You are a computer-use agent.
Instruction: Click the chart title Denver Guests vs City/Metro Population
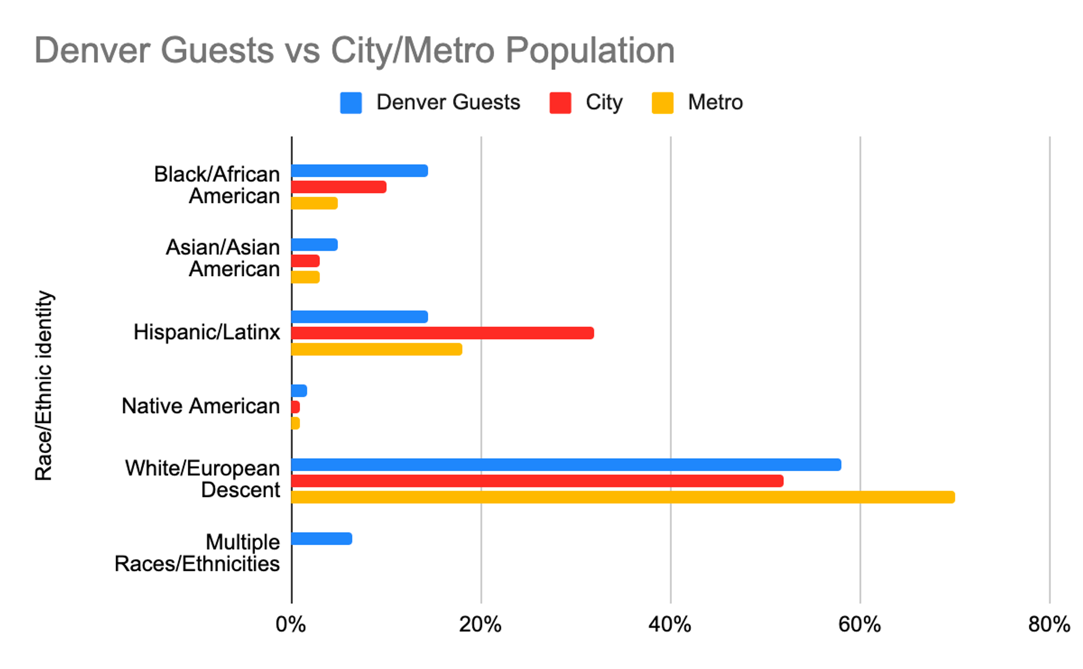click(x=354, y=51)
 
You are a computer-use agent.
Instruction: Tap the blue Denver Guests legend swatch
click(x=351, y=103)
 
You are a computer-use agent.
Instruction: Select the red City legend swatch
click(x=560, y=103)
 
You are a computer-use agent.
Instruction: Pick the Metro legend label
click(x=715, y=103)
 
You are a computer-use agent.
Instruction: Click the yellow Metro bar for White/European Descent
click(x=623, y=497)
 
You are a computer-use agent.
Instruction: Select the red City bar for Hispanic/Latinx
click(x=443, y=333)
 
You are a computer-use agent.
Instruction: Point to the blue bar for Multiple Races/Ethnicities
click(x=322, y=539)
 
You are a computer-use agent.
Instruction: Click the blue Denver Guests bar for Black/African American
click(x=359, y=171)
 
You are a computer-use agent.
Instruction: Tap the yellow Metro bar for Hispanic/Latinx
click(x=377, y=349)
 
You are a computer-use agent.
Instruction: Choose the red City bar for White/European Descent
click(x=537, y=481)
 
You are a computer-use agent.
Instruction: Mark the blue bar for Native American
click(x=299, y=391)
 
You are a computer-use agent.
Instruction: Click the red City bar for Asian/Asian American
click(x=305, y=261)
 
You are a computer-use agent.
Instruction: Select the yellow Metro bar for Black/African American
click(x=314, y=203)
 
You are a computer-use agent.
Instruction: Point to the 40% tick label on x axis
click(x=670, y=624)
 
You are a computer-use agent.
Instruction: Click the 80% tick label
click(x=1049, y=624)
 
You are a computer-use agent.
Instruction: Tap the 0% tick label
click(x=291, y=624)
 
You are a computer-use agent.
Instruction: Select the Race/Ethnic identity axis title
click(x=43, y=386)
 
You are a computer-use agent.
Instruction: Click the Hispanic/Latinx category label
click(x=206, y=333)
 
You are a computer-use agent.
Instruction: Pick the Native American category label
click(x=200, y=406)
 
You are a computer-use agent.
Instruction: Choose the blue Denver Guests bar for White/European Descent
click(x=566, y=465)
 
